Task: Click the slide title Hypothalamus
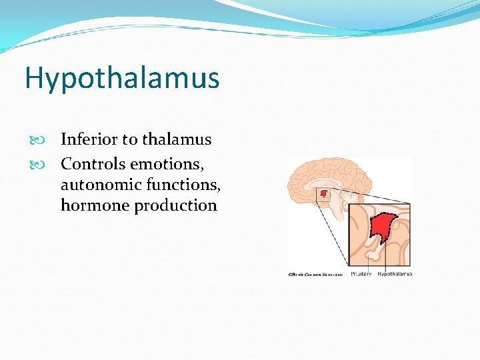[122, 78]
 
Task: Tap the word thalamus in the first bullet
[177, 139]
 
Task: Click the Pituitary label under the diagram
[361, 273]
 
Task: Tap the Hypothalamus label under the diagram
[395, 273]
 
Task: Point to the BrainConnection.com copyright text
[315, 273]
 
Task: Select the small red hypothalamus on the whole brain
[324, 194]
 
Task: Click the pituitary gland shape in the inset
[371, 255]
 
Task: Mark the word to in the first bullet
[129, 139]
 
